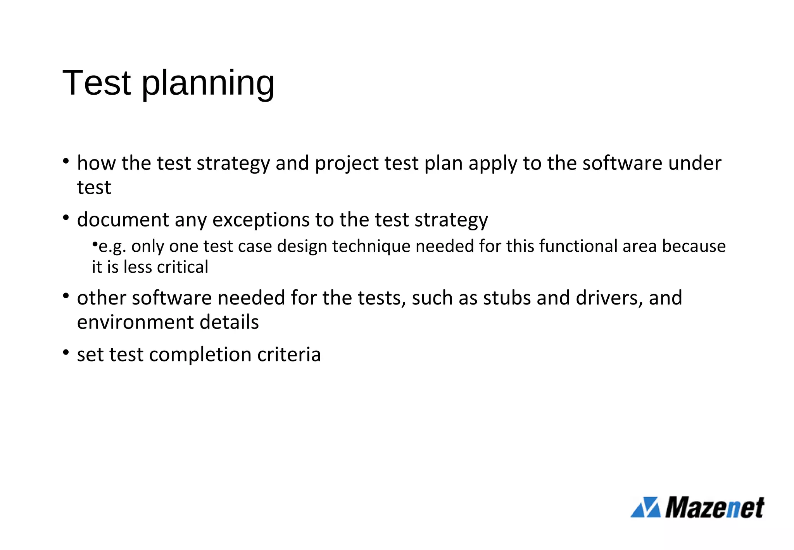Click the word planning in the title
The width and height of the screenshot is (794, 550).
point(208,83)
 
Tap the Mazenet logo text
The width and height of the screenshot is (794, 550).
point(715,507)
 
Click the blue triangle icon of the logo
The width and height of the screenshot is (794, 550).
point(646,507)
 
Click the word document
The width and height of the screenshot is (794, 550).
point(123,220)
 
